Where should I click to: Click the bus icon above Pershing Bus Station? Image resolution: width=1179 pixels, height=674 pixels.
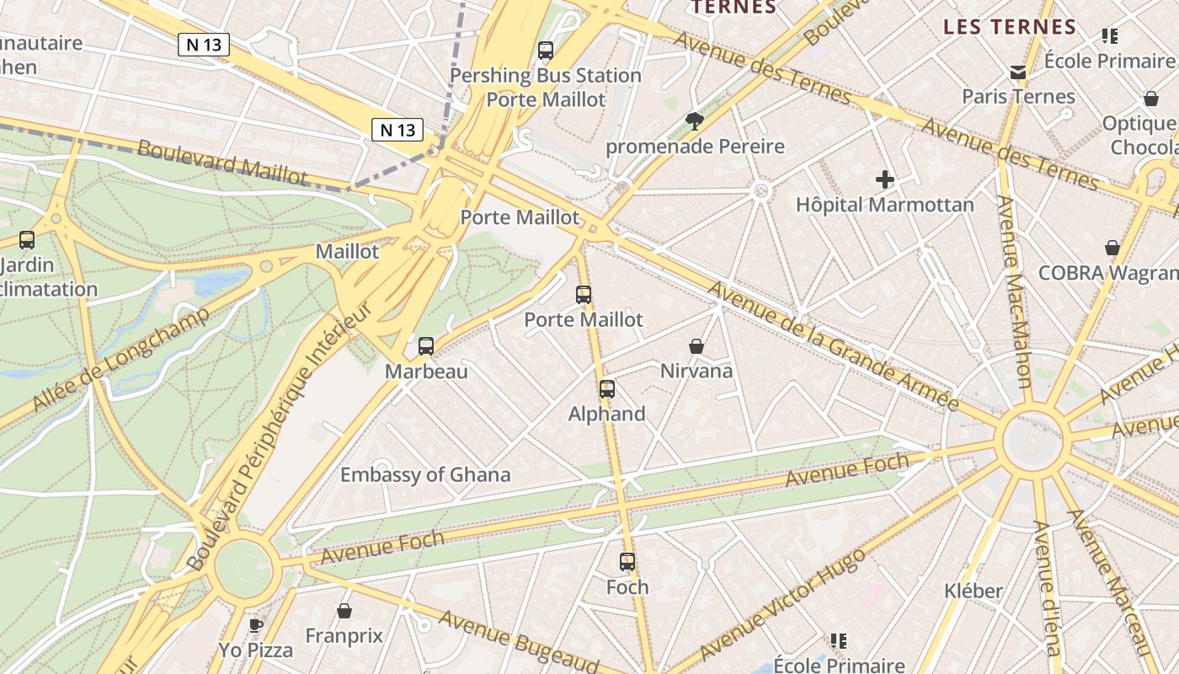tap(546, 51)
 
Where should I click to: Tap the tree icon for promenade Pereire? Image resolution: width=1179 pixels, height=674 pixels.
tap(695, 121)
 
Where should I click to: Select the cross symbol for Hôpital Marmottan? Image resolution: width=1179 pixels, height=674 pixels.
tap(885, 179)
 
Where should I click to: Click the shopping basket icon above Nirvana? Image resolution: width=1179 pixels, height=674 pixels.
tap(696, 346)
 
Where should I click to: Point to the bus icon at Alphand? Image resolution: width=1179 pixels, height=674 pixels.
tap(607, 389)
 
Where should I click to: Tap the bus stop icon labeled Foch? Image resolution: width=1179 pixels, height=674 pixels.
tap(627, 562)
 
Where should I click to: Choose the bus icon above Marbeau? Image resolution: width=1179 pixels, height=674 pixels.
tap(426, 346)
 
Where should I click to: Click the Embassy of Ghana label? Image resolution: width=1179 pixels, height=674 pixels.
tap(425, 474)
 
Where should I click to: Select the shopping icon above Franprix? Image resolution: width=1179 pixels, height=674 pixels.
tap(344, 611)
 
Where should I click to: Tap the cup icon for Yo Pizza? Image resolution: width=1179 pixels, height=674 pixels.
tap(256, 625)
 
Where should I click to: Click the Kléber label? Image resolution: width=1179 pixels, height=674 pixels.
tap(974, 591)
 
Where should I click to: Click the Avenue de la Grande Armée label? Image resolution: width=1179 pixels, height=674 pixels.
tap(832, 345)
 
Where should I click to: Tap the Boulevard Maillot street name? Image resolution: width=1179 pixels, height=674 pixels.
tap(222, 162)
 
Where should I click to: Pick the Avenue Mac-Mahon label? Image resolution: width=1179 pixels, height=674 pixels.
tap(1013, 292)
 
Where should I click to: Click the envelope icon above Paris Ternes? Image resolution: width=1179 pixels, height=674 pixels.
tap(1018, 72)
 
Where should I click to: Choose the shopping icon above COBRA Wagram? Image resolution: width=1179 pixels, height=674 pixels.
tap(1112, 248)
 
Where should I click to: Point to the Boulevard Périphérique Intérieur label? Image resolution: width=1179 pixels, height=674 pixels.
tap(280, 438)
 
